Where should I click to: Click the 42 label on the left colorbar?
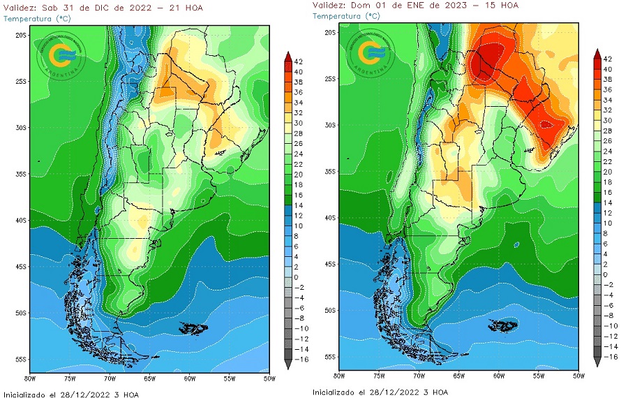[x=298, y=62]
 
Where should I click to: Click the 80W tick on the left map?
[x=30, y=378]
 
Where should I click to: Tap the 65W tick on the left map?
[x=149, y=378]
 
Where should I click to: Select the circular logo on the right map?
[x=371, y=53]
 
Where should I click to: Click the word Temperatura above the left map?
[x=29, y=18]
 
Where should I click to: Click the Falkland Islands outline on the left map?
[x=193, y=327]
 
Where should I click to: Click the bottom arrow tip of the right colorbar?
[x=597, y=364]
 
